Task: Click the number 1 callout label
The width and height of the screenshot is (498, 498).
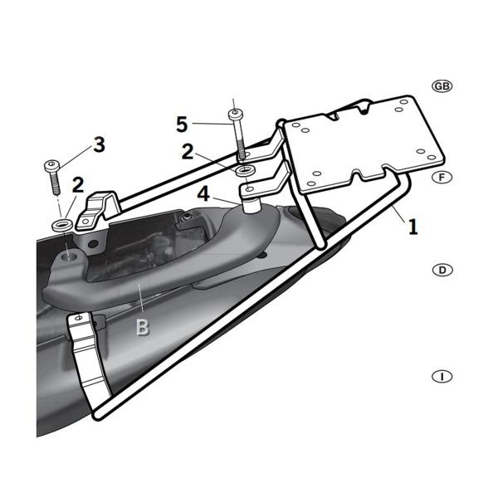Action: pyautogui.click(x=413, y=226)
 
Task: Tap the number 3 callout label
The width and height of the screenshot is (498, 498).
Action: pyautogui.click(x=99, y=145)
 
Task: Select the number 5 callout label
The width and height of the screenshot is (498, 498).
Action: pyautogui.click(x=183, y=124)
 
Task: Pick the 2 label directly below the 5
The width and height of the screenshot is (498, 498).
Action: pyautogui.click(x=188, y=151)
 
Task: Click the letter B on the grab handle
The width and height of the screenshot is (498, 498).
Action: pyautogui.click(x=143, y=326)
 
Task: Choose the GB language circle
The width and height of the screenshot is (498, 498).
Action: pyautogui.click(x=442, y=86)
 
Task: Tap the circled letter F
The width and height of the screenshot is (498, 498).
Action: pyautogui.click(x=442, y=177)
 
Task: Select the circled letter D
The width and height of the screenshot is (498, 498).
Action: pyautogui.click(x=442, y=270)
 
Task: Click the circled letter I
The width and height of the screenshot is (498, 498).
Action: pyautogui.click(x=442, y=376)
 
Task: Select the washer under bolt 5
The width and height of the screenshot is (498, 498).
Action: pyautogui.click(x=243, y=170)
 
